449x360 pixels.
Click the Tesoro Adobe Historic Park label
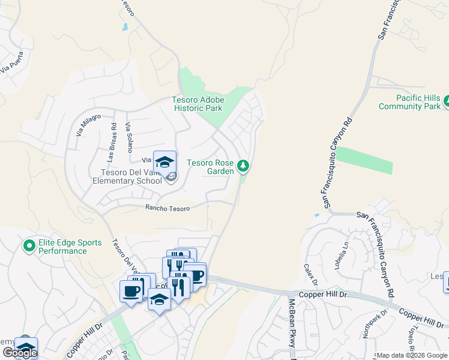click(x=198, y=104)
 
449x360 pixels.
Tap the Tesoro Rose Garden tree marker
click(x=243, y=164)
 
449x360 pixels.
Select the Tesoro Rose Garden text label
click(x=211, y=167)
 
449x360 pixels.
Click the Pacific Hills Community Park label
click(x=410, y=102)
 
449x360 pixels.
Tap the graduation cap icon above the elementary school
click(x=164, y=162)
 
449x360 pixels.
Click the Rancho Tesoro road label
click(x=167, y=208)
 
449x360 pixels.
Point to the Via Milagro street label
click(x=88, y=125)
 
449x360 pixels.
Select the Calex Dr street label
click(x=310, y=275)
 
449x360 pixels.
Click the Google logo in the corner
click(x=19, y=353)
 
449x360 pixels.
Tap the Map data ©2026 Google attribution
click(x=412, y=356)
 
